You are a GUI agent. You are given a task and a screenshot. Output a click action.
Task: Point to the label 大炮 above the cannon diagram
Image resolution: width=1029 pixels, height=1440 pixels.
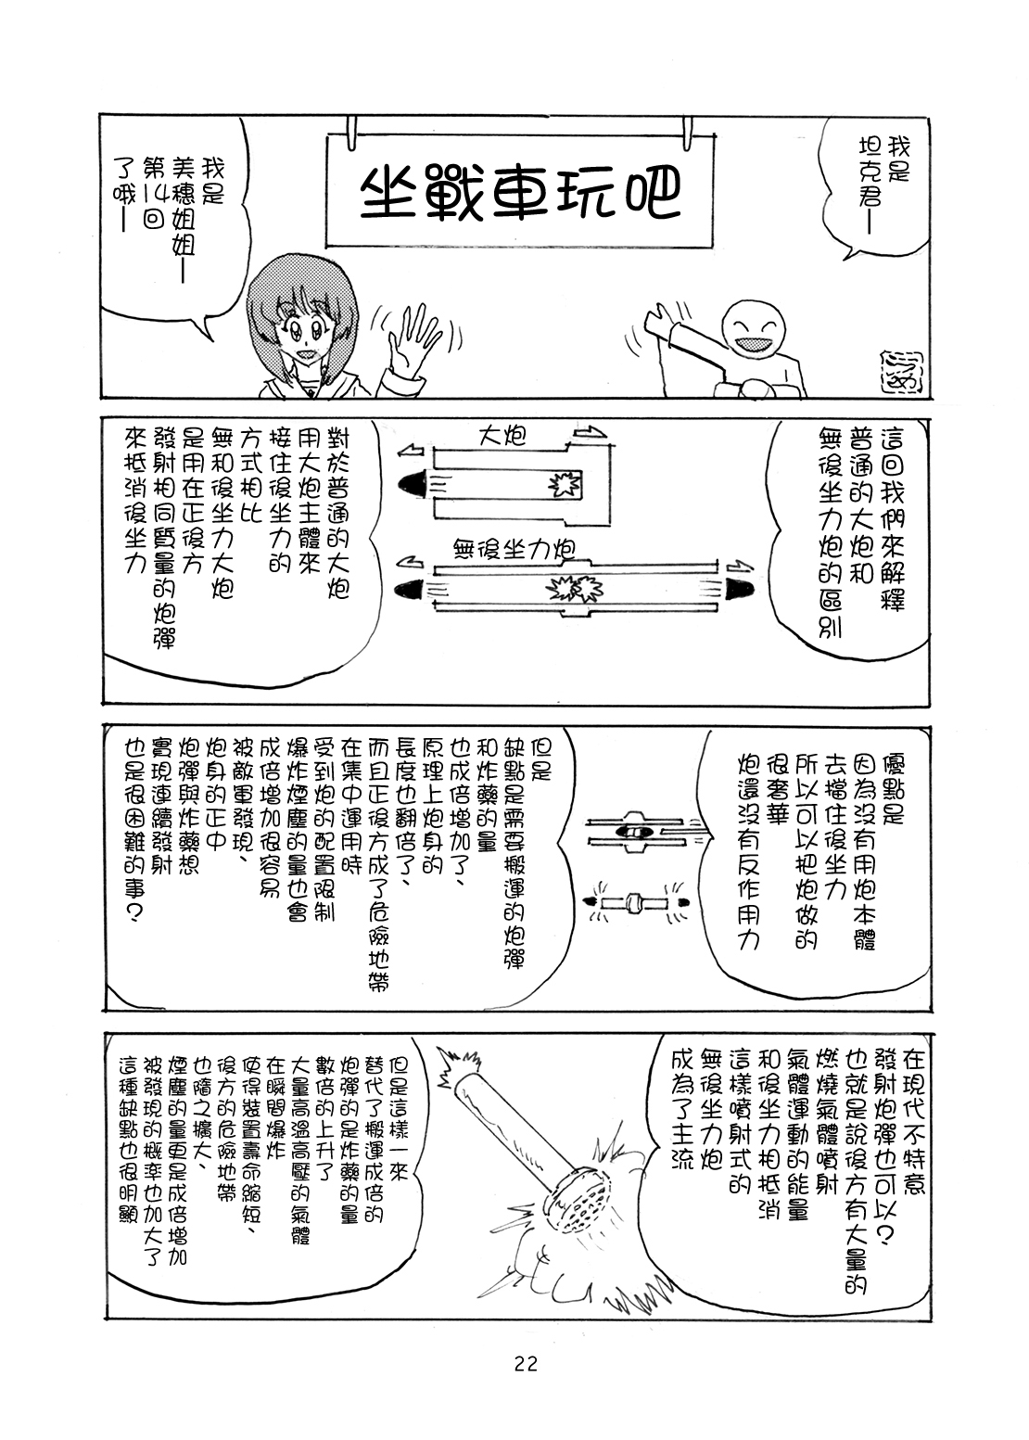(x=502, y=437)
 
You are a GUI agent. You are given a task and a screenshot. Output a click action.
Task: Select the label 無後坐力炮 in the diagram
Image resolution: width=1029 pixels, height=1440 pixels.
(x=514, y=548)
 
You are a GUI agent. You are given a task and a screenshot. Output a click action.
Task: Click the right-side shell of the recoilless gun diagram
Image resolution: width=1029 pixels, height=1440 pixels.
(x=740, y=586)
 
